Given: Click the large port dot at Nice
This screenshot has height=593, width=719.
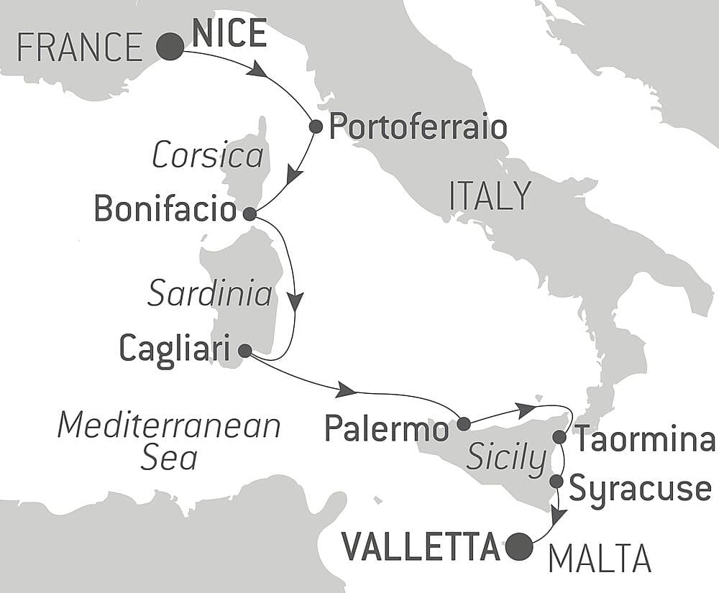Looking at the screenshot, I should tap(170, 47).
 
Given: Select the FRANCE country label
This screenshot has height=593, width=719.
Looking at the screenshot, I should tap(80, 48).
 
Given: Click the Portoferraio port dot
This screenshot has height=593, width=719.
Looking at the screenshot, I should tap(315, 127).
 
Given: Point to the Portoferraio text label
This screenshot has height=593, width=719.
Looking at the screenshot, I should tap(418, 128).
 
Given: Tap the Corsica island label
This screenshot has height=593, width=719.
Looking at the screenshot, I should tap(208, 155).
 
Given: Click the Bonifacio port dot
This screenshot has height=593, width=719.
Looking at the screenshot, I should tap(249, 213).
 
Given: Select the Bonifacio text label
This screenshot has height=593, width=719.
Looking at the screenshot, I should tap(165, 210).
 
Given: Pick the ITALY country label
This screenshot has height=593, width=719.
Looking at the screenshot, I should tap(490, 196).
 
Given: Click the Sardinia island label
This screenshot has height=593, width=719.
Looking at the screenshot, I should tap(210, 294).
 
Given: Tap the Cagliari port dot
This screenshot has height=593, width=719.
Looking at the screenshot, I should tap(244, 351).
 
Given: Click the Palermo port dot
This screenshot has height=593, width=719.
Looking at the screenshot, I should tap(464, 423).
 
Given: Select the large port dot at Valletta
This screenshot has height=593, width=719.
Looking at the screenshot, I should tap(519, 547).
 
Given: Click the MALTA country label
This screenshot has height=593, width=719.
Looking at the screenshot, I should tap(600, 558).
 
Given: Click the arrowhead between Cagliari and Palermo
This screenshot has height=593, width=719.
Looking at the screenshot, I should tap(346, 390).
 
